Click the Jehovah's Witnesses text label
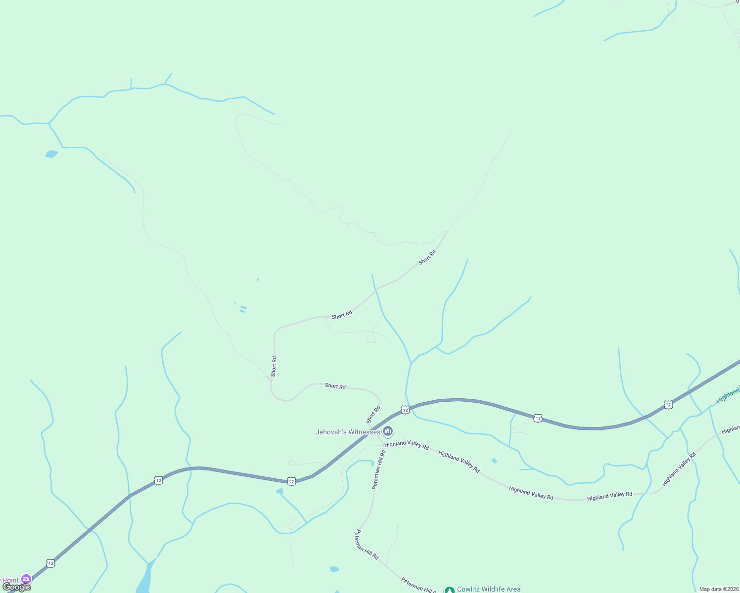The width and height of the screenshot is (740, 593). pos(348,432)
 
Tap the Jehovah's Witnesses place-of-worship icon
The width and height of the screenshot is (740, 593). pos(388,431)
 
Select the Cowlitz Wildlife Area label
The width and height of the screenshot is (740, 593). pos(489,589)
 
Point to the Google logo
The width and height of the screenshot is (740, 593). pos(16,587)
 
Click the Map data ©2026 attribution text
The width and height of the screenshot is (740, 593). pos(718,589)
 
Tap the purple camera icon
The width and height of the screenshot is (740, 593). pos(26,579)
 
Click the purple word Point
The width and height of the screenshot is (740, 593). pos(10,581)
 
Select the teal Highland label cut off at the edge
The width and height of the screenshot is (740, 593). pos(729,394)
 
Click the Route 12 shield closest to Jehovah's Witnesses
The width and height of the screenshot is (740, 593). pos(405,410)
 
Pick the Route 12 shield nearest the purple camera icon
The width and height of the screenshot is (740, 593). pos(50,563)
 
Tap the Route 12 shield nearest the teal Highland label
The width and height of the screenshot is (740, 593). pos(668,405)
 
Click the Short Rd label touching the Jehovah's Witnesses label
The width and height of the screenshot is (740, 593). pos(373,415)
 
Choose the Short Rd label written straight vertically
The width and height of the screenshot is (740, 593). pos(274,367)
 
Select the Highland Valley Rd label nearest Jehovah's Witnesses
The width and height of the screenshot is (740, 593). pos(407,444)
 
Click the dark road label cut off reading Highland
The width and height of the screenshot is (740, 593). pos(731,429)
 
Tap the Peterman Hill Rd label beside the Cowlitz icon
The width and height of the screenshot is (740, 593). pos(418,585)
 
